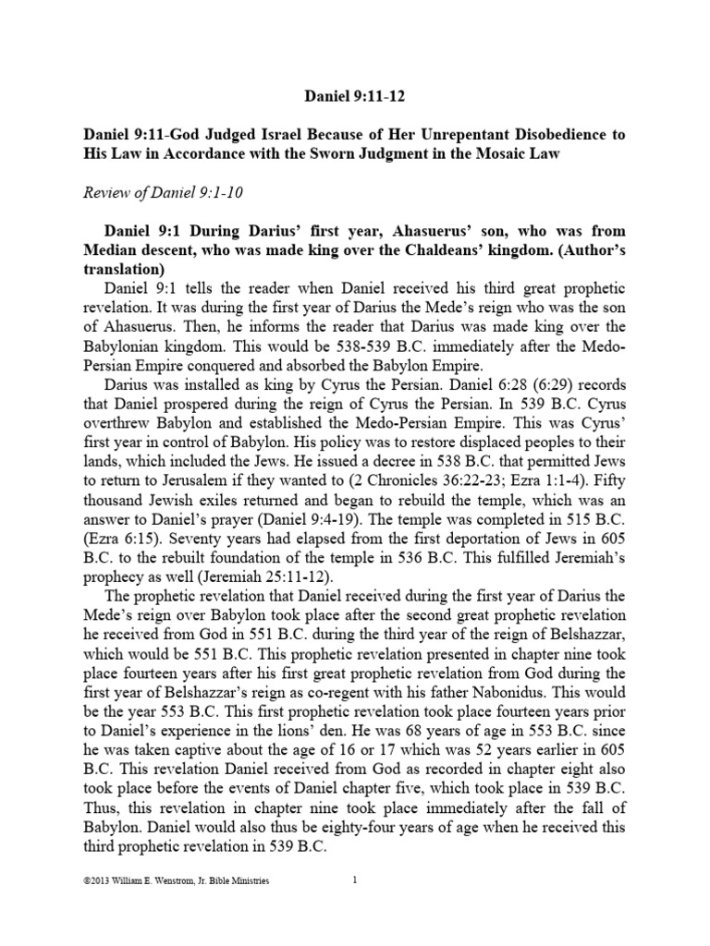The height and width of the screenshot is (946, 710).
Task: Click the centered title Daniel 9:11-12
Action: pyautogui.click(x=355, y=95)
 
